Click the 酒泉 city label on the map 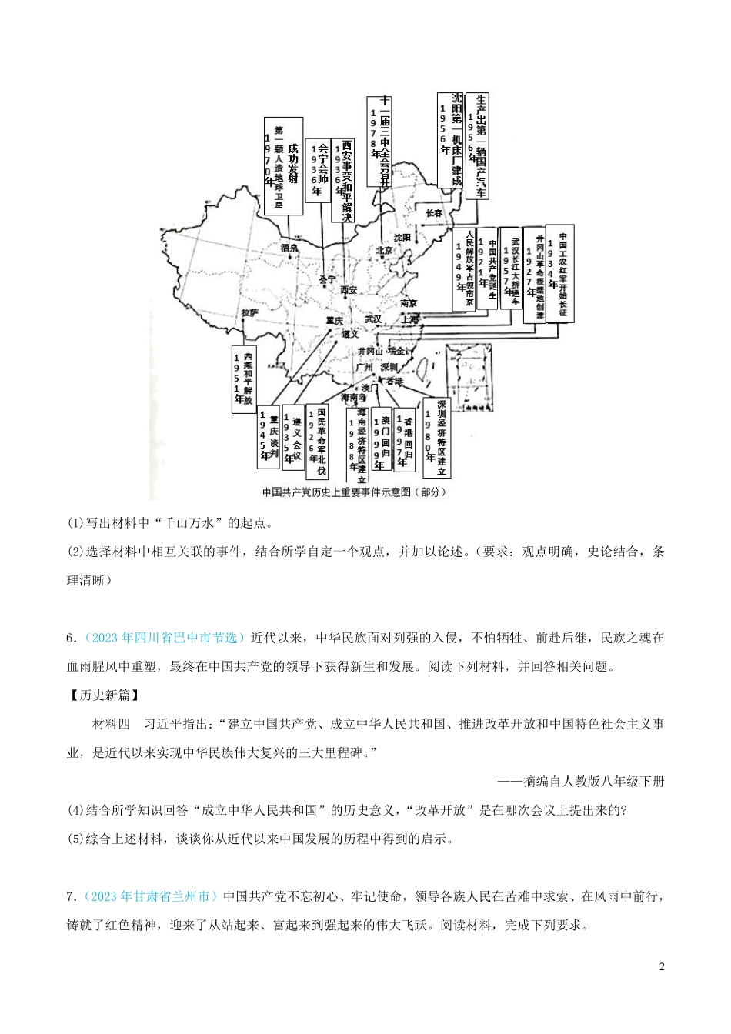coord(290,248)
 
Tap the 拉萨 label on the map coord(249,312)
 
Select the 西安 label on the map coord(349,289)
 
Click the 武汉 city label coord(373,319)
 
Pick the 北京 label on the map coord(385,250)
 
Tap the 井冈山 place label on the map coord(370,350)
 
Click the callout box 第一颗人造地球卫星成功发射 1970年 coord(282,165)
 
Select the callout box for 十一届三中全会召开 coord(379,141)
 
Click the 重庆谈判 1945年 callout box coord(268,436)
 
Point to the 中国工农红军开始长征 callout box coord(563,274)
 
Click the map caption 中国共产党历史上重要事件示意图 coord(353,492)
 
